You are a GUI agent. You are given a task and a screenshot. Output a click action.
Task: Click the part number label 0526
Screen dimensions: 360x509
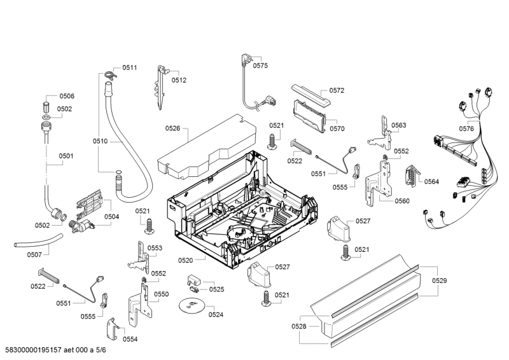173,128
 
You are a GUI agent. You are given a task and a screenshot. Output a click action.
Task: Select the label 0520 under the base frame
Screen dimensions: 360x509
186,260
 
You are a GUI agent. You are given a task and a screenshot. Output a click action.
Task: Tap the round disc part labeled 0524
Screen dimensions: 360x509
192,306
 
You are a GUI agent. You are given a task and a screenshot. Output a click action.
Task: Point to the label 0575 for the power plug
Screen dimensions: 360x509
260,66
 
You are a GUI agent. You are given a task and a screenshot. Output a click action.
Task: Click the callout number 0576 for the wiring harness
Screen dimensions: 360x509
466,128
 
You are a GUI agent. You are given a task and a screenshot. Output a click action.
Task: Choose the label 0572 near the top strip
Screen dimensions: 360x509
337,90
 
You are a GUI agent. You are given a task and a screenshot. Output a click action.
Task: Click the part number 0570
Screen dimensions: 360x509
337,128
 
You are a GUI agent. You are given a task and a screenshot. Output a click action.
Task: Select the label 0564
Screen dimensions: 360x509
431,182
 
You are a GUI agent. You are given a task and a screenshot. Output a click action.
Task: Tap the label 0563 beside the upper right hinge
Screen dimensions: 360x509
399,125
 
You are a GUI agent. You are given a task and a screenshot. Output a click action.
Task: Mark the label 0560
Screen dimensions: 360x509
402,201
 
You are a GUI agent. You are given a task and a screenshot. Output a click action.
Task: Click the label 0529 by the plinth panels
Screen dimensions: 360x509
440,280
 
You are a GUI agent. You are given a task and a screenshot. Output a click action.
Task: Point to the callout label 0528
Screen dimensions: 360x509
299,326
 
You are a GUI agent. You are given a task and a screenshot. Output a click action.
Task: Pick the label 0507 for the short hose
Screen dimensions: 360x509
34,254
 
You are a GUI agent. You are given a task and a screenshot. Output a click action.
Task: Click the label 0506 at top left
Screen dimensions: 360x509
67,96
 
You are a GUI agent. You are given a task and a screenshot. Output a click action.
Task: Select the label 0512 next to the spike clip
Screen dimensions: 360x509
179,80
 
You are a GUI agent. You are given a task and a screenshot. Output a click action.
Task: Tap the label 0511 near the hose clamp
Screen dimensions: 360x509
130,67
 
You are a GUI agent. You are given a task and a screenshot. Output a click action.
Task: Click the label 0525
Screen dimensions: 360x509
216,289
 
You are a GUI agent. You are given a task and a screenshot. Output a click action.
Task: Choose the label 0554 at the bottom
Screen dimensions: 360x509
130,339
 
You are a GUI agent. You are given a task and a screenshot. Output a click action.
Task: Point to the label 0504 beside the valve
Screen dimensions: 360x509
112,217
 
